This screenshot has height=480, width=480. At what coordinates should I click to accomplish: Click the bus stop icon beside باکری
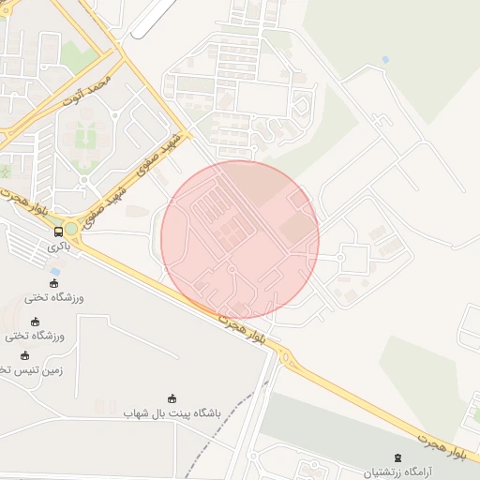click(58, 232)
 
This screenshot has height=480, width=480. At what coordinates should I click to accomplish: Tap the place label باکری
click(58, 248)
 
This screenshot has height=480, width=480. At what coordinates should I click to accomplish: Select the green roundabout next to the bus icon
click(71, 229)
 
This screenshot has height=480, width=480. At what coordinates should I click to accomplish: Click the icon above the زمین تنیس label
click(25, 356)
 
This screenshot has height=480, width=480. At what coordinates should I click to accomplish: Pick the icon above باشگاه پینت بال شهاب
click(172, 398)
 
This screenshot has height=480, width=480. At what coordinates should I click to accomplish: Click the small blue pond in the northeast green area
click(385, 60)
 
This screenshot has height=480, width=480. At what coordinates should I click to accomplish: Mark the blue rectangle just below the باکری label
click(56, 271)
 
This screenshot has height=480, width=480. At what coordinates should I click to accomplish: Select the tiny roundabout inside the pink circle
click(232, 270)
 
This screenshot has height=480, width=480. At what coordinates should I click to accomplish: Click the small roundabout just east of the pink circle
click(340, 256)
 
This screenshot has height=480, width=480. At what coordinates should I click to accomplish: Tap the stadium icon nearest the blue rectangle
click(53, 284)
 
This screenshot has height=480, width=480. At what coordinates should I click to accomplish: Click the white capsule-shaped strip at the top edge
click(154, 19)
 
